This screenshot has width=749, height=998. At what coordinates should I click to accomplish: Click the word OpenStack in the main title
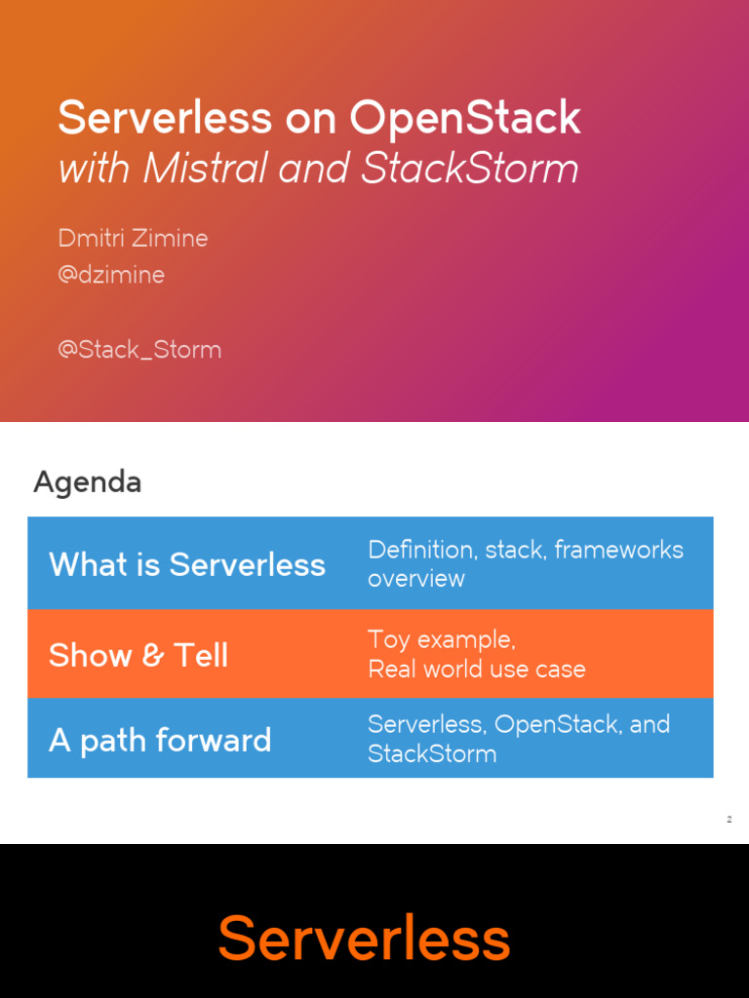coord(465,119)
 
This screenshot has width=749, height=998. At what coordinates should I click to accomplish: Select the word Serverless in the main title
coord(165,119)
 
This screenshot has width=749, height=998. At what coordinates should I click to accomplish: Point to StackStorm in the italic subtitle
coord(470,169)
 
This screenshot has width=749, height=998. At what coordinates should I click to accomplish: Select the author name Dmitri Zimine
coord(133,238)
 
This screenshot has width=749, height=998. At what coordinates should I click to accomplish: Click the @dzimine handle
coord(111,275)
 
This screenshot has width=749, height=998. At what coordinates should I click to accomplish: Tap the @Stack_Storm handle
coord(139,349)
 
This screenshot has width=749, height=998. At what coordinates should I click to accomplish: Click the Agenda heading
coord(87,481)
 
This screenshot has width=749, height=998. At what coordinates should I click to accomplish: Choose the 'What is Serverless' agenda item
coord(186,564)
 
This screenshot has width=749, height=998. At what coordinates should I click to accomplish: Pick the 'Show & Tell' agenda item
coord(138,655)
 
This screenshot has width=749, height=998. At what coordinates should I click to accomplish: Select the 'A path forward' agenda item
coord(160,741)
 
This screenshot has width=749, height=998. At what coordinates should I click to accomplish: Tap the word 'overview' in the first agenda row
coord(415,579)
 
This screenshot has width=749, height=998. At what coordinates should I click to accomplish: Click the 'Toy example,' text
coord(441,639)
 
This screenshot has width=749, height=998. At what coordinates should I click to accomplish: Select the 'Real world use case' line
coord(476,669)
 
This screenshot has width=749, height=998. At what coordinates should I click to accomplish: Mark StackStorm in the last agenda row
coord(431,753)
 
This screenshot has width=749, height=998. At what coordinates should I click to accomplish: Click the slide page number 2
coord(729,820)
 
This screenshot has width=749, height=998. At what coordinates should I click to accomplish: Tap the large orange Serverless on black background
coord(364,939)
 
